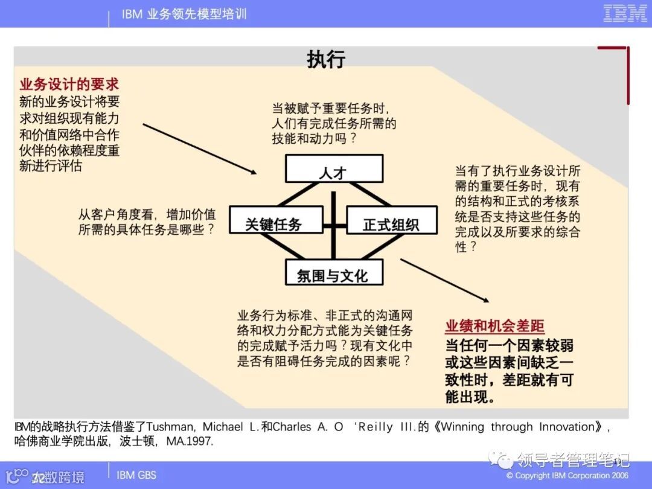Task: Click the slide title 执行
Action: [326, 59]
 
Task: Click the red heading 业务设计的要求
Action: [69, 83]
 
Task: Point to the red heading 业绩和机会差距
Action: [494, 327]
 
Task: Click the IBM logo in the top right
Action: [625, 13]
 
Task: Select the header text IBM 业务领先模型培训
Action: [184, 14]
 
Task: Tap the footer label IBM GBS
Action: [136, 475]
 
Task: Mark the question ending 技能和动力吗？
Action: [313, 138]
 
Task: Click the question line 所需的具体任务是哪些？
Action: [147, 229]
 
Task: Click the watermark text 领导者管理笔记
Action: [574, 459]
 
